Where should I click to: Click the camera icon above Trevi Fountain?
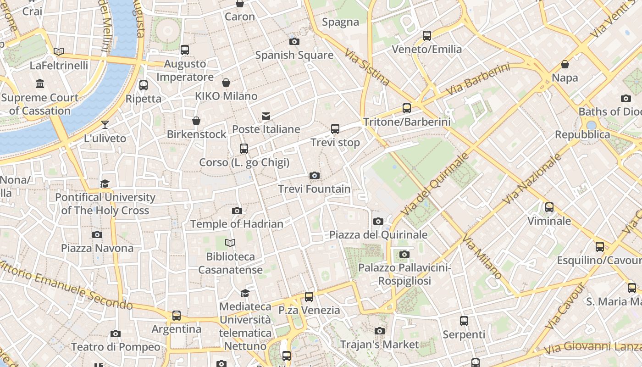coord(314,175)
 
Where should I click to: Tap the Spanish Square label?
coord(294,55)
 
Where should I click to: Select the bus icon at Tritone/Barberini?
coord(407,108)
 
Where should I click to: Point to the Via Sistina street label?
coord(367,67)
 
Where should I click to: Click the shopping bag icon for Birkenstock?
coord(196,121)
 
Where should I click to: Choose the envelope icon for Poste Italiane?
coord(266,116)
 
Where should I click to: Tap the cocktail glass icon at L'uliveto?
coord(105,124)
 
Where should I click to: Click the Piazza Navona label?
coord(97,248)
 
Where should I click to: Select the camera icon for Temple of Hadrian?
coord(237,211)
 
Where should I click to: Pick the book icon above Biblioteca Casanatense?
coord(230,243)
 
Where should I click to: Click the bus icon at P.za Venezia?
coord(309,297)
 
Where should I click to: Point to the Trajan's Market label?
coord(379,344)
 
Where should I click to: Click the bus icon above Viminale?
coord(549,207)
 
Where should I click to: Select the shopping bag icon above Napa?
coord(565,64)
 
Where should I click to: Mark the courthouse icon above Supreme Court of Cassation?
coord(40,84)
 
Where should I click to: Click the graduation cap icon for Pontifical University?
coord(105,184)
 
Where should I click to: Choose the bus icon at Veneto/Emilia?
coord(427,35)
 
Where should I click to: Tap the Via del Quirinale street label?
coord(435,183)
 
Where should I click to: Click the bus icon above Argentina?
coord(177,316)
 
